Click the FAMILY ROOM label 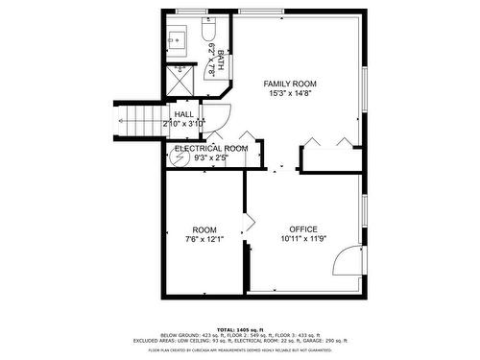click(290, 84)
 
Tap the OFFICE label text click(303, 228)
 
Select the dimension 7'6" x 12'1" click(204, 240)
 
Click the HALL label click(183, 114)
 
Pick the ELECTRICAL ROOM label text click(211, 149)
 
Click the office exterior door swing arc click(351, 258)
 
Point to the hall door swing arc click(218, 117)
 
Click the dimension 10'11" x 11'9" click(303, 239)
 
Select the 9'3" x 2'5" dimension click(210, 158)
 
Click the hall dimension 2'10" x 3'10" click(184, 124)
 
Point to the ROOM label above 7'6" click(204, 229)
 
